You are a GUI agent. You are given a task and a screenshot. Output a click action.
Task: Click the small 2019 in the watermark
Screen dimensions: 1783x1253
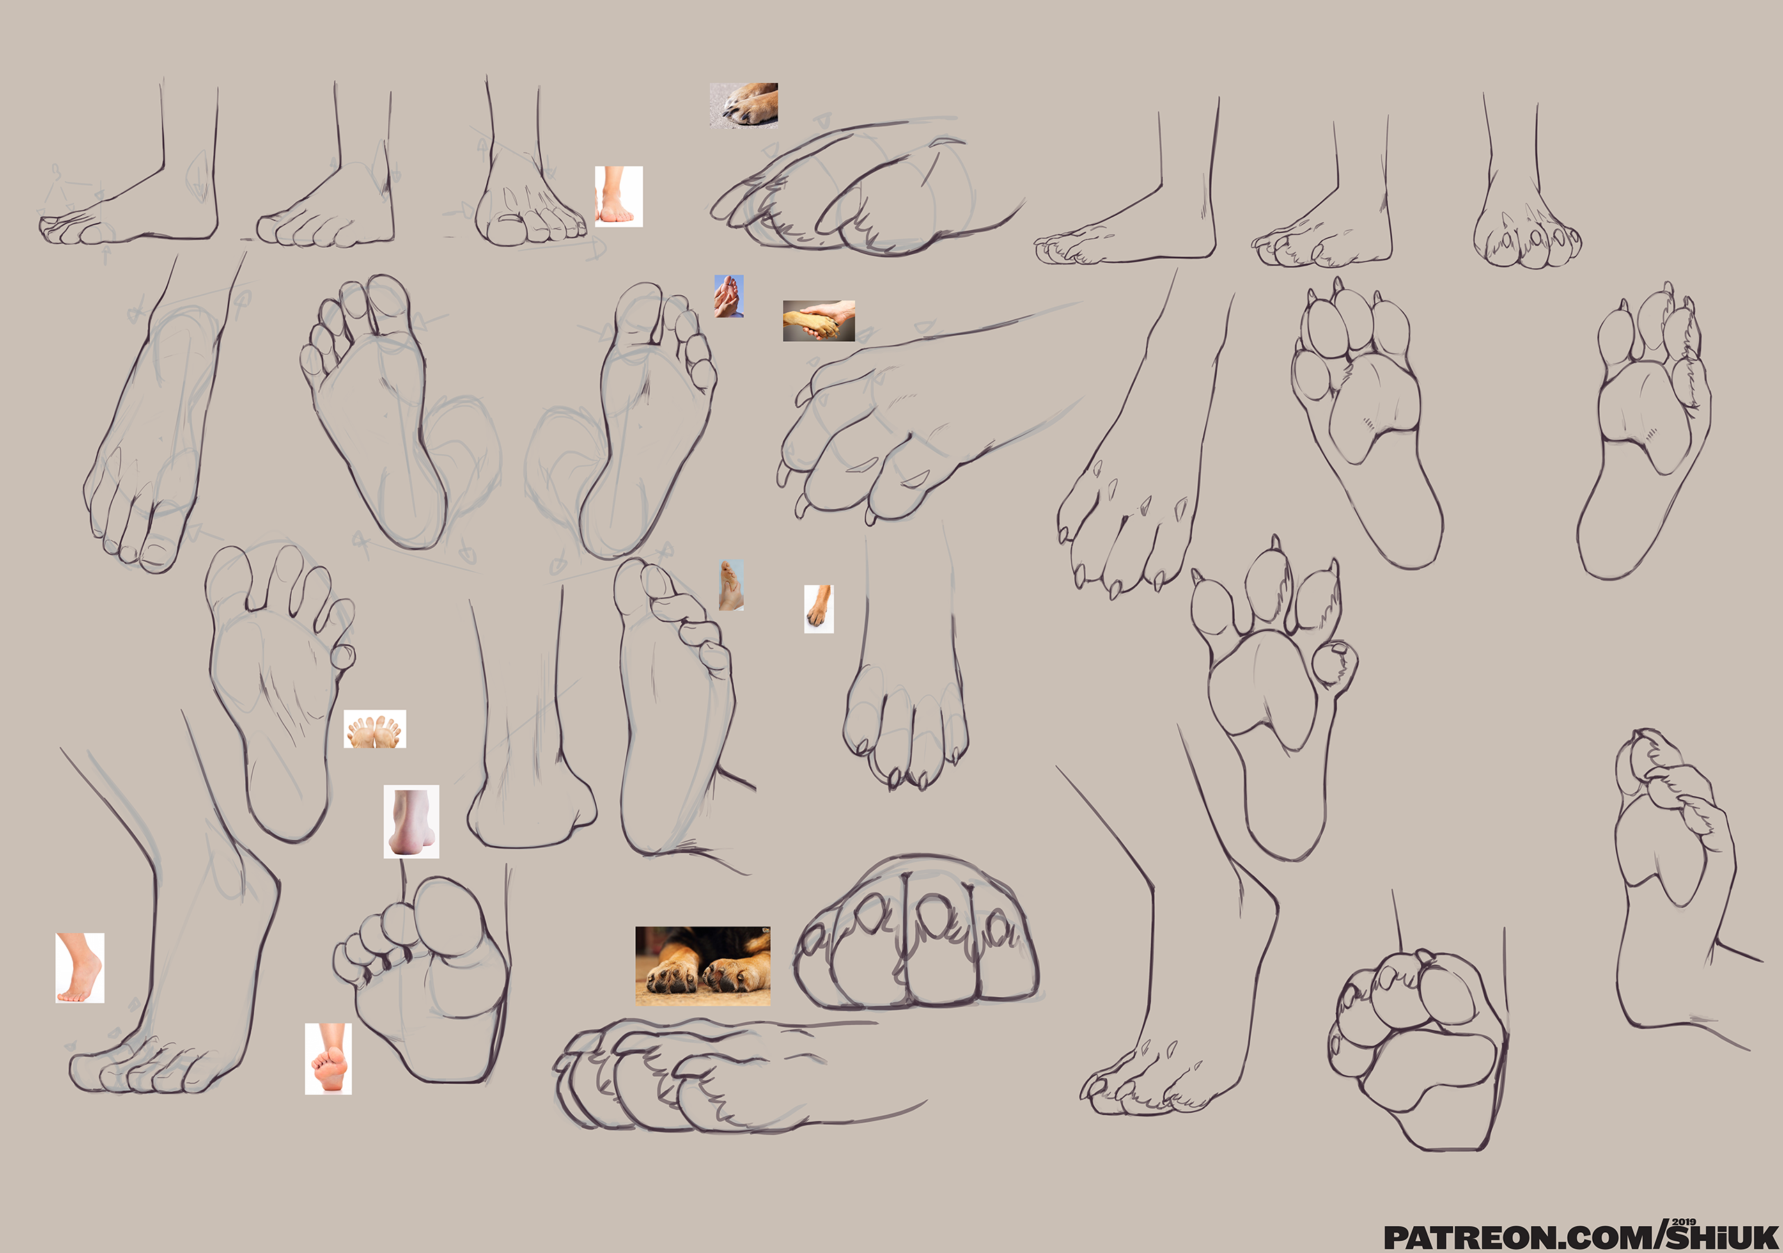(1683, 1222)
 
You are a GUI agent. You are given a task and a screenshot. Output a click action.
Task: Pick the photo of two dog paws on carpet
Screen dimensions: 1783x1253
(703, 966)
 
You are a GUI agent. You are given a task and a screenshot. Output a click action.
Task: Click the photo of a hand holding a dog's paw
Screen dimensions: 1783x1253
(818, 321)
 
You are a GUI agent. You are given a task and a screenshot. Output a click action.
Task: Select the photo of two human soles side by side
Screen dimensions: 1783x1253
(374, 730)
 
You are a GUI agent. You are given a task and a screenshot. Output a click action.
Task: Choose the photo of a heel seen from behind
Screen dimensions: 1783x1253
(411, 821)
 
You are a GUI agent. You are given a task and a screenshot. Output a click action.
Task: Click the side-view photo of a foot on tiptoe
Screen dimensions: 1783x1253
(80, 968)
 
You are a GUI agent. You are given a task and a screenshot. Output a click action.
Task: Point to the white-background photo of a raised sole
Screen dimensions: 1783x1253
(328, 1059)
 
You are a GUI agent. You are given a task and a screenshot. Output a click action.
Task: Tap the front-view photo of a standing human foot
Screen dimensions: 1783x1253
(618, 196)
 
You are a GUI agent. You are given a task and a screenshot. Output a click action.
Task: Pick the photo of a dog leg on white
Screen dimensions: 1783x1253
(818, 608)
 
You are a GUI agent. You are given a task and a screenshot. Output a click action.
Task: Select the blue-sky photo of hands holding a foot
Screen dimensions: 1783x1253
(729, 296)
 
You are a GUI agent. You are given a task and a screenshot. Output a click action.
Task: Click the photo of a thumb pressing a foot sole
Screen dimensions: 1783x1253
(731, 585)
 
